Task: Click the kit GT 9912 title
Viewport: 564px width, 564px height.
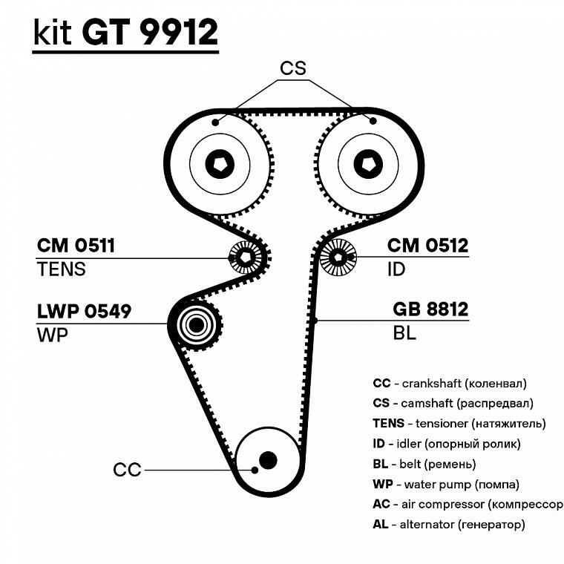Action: coord(125,33)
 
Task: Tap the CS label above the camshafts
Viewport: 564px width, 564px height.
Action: coord(293,68)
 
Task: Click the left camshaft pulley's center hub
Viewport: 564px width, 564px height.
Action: coord(220,163)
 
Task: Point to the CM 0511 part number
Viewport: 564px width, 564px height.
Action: coord(76,246)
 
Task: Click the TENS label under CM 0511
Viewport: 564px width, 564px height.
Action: coord(61,269)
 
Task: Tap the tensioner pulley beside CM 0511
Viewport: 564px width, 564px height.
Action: coord(244,258)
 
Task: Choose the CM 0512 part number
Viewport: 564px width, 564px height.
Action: coord(428,246)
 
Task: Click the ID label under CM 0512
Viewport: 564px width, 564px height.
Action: coord(397,269)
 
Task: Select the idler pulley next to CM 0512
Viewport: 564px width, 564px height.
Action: coord(338,258)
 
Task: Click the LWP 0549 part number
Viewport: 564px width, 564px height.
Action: coord(84,311)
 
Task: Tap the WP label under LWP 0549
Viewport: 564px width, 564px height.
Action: coord(52,334)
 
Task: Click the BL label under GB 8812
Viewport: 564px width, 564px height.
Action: coord(404,333)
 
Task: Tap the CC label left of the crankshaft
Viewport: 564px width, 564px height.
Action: coord(127,470)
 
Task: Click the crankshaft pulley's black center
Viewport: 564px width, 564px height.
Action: coord(267,460)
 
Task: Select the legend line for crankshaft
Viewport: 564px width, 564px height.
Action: coord(450,384)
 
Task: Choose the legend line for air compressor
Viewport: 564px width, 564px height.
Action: coord(468,505)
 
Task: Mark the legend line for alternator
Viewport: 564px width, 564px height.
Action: coord(449,525)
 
